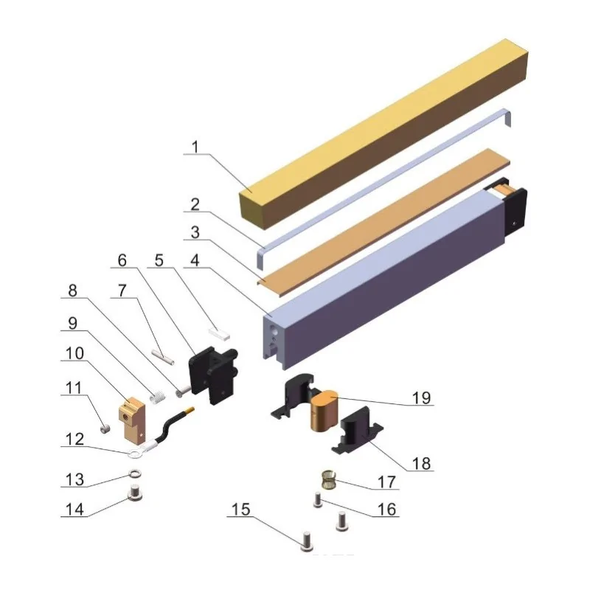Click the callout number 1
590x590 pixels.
click(195, 147)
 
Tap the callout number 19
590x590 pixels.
click(421, 398)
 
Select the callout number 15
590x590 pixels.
click(241, 510)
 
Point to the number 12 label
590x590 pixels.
click(74, 439)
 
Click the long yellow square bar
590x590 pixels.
click(383, 133)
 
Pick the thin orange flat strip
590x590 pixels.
click(383, 222)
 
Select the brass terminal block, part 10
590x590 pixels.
click(132, 420)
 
